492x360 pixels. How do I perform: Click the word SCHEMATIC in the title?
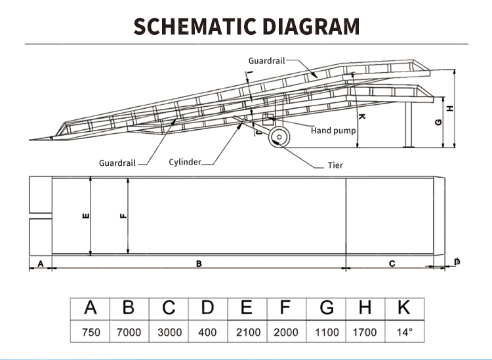point(195,26)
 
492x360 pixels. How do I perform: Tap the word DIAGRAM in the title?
point(311,26)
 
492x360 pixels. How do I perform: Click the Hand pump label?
point(333,130)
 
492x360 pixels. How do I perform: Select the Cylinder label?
point(185,162)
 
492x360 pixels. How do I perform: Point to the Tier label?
point(335,165)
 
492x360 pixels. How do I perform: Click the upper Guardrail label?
point(266,61)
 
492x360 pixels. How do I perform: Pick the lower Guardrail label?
point(117,163)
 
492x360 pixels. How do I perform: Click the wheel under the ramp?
point(279,137)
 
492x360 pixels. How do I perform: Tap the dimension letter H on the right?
point(450,108)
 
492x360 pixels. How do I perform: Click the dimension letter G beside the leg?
point(438,123)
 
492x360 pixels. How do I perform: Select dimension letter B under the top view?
point(199,264)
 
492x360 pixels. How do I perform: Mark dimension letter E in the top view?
point(85,216)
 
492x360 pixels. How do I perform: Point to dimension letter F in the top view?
point(123,216)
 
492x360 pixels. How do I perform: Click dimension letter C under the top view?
point(392,264)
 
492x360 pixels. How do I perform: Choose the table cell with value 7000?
point(129,332)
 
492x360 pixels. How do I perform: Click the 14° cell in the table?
point(405,332)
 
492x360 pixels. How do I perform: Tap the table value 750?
point(91,332)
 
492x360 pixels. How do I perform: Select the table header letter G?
point(327,308)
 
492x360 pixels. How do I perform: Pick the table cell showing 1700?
point(365,332)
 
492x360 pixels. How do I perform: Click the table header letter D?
point(207,308)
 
